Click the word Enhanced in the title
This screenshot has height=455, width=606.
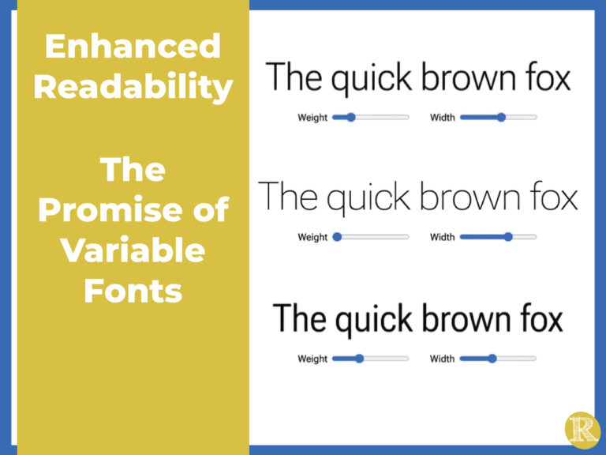[x=133, y=47]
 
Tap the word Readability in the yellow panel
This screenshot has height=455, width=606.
[x=133, y=88]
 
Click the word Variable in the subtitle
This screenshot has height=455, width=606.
[x=133, y=251]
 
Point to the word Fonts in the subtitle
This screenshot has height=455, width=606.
[x=133, y=291]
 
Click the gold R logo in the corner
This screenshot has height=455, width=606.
[x=582, y=430]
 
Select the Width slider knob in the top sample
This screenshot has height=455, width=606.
[x=501, y=118]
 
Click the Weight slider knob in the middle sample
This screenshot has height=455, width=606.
[x=338, y=237]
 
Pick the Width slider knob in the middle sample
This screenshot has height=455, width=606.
[x=508, y=237]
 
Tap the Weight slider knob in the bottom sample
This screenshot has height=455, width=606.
[x=359, y=359]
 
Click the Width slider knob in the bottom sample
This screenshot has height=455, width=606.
[x=492, y=359]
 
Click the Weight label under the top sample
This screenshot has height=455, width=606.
[x=312, y=118]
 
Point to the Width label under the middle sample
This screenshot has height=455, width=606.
[x=442, y=237]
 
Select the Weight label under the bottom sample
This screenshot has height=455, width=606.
[x=312, y=359]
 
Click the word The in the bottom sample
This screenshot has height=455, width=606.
[x=299, y=319]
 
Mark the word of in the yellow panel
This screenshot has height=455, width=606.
[x=210, y=211]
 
